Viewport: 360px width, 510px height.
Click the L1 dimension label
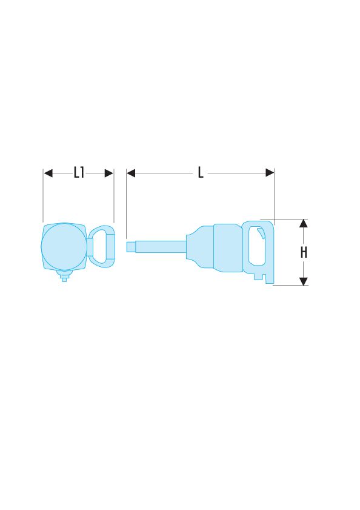coord(79,173)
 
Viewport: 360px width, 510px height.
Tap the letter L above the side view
coord(201,173)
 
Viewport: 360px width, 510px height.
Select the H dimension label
coord(304,252)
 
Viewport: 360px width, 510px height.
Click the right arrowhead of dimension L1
coord(109,173)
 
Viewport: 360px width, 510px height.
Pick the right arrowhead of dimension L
coord(270,173)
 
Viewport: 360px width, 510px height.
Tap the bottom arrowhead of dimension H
coord(304,281)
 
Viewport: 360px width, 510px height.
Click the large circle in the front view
coord(64,247)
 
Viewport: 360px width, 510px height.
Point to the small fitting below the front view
coord(64,277)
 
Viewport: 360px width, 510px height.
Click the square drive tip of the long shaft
coord(131,246)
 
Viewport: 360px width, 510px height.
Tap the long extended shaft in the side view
coord(161,246)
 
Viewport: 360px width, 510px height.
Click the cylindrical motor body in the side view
coord(227,247)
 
